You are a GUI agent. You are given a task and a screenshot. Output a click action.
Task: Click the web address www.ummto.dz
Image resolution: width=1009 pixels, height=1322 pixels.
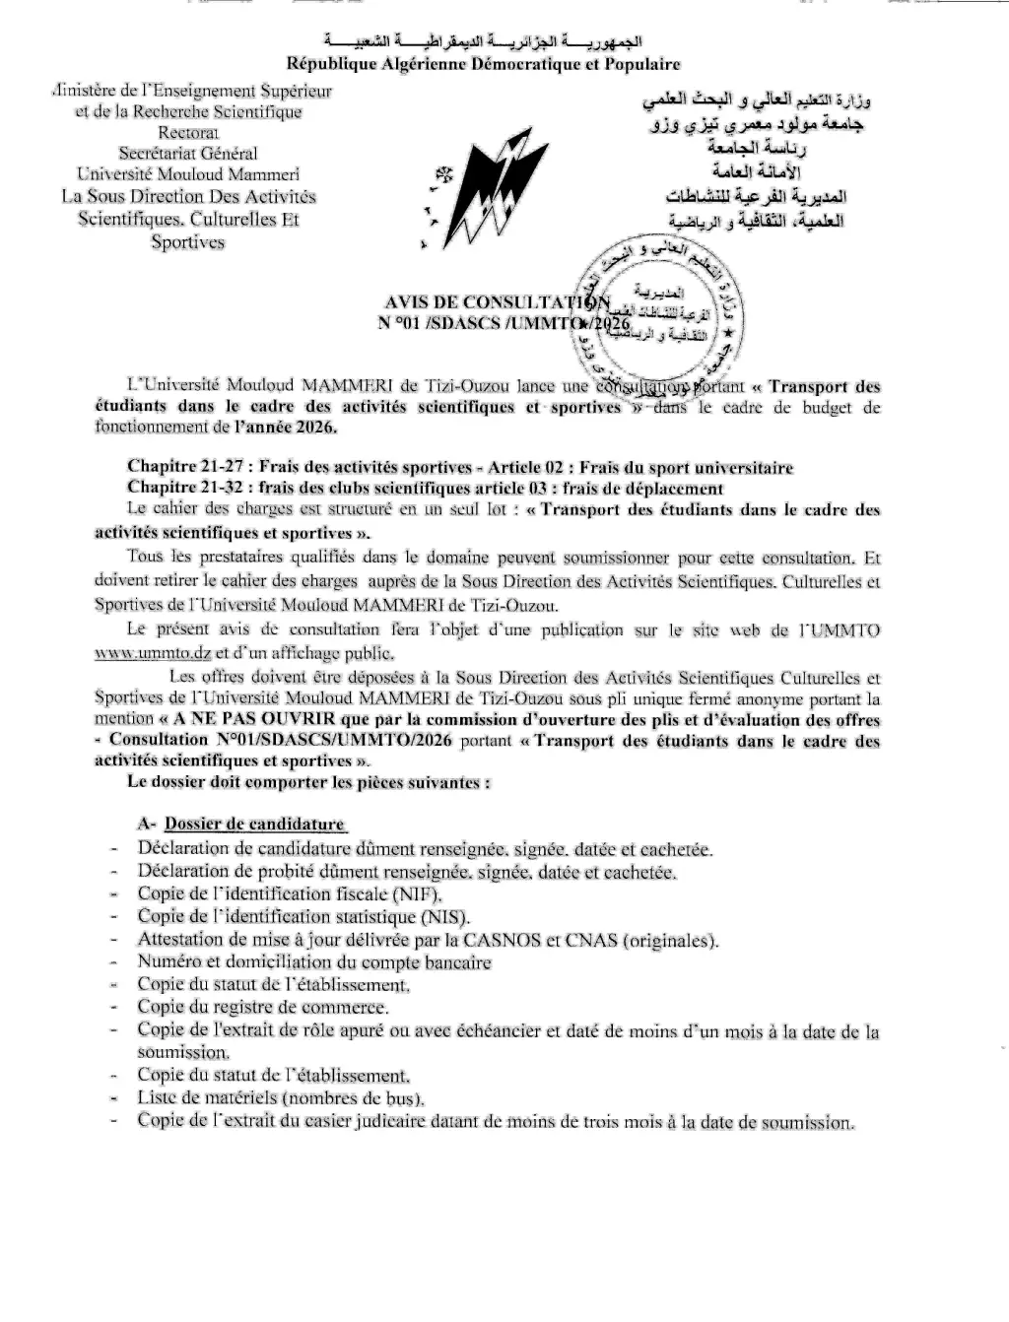[153, 652]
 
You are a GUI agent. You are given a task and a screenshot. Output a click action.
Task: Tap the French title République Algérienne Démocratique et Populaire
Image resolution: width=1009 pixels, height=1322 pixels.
[483, 64]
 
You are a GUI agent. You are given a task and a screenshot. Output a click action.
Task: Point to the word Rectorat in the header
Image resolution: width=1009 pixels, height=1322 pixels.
[188, 132]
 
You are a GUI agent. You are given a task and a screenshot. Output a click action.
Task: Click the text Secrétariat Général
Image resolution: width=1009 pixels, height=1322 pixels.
[188, 153]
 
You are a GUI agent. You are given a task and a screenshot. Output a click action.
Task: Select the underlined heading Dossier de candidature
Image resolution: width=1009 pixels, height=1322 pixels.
[254, 825]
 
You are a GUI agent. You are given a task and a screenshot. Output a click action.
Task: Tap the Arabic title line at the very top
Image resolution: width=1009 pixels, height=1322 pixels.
[483, 43]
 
